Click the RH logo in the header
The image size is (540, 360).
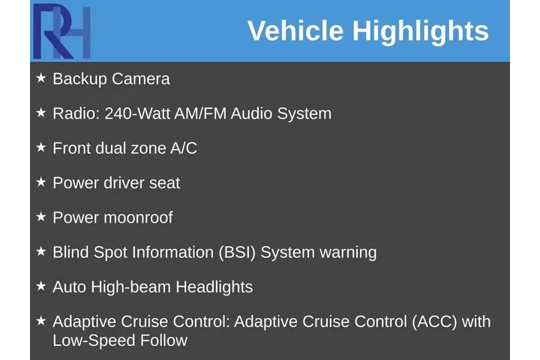61,31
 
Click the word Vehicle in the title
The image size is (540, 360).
295,31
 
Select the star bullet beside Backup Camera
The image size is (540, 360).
40,77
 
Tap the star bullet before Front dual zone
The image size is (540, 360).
40,147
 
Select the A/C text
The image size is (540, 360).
183,148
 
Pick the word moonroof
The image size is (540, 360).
138,217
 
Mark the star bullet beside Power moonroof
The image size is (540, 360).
40,216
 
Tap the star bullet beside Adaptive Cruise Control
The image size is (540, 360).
40,320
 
